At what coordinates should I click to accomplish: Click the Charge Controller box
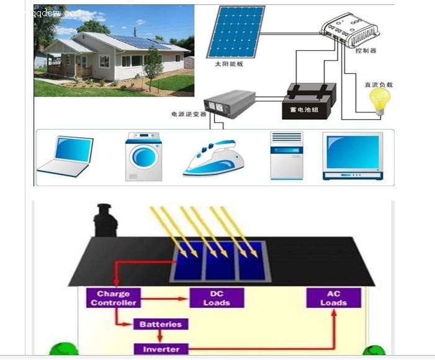coord(114,298)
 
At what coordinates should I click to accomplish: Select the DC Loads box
coord(217,298)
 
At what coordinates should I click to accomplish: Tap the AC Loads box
coord(334,298)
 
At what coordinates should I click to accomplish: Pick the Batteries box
coord(159,324)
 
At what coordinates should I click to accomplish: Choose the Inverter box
coord(161,349)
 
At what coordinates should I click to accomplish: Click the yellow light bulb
coord(379,100)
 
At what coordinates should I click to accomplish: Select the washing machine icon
coord(145,156)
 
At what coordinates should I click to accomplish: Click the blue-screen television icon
coord(351,155)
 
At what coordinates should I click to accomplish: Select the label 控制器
coord(365,51)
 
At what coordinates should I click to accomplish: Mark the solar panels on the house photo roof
coord(139,42)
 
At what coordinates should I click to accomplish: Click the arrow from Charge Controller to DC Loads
coord(164,299)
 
